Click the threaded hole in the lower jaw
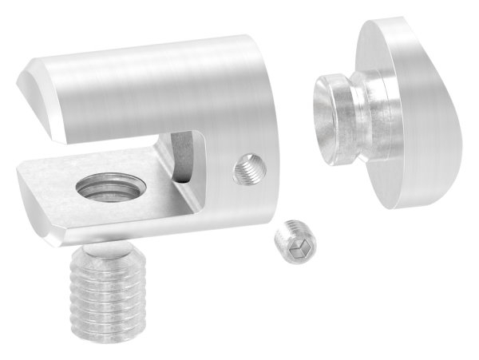pyautogui.click(x=106, y=193)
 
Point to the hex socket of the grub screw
pyautogui.click(x=291, y=248)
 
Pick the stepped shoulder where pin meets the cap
pyautogui.click(x=370, y=104)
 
